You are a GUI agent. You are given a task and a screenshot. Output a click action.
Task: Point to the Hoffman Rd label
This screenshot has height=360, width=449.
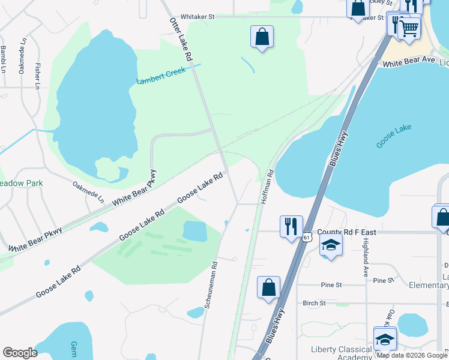(267, 187)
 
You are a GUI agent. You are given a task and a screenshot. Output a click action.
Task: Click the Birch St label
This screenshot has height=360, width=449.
(314, 304)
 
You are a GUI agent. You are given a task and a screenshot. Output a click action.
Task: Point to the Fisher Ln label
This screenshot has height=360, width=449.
(37, 77)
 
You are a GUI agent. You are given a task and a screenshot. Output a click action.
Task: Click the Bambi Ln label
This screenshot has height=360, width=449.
(3, 59)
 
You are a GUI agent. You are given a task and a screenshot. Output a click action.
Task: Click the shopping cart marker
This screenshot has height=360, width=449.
(409, 27)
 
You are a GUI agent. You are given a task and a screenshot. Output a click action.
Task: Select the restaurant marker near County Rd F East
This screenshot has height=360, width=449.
(291, 226)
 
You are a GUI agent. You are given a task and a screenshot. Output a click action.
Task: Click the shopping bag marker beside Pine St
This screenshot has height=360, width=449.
(268, 287)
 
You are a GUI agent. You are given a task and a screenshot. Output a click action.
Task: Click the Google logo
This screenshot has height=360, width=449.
(20, 353)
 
